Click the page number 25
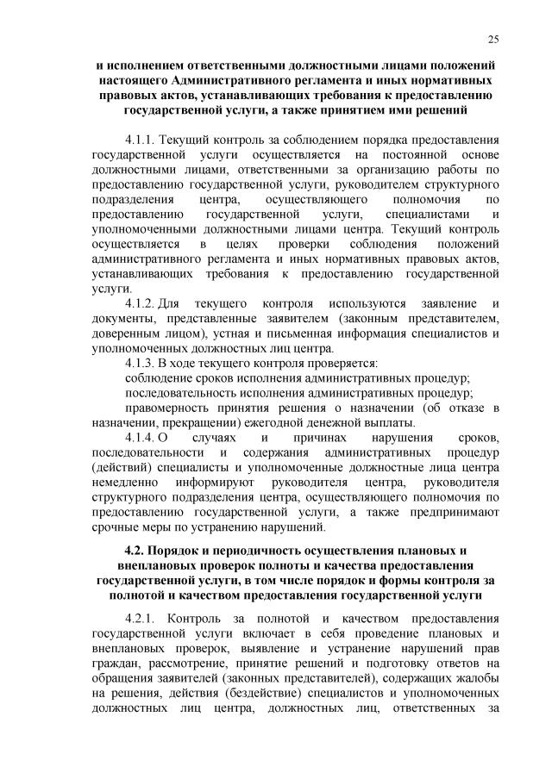click(x=493, y=38)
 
